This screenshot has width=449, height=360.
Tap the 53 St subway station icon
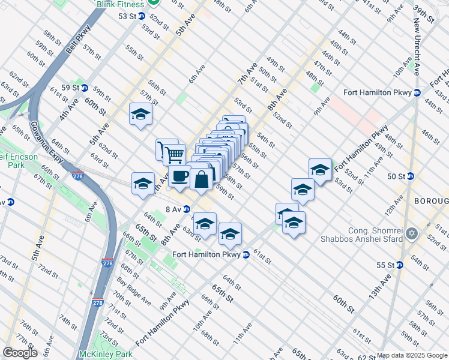(x=142, y=16)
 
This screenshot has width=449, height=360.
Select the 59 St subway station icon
(x=85, y=88)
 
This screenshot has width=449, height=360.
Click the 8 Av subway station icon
(x=187, y=209)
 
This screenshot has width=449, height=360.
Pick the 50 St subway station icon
(x=411, y=176)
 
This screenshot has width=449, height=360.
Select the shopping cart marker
(x=174, y=154)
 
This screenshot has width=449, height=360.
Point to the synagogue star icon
(x=412, y=233)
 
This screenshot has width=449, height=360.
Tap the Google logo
(x=20, y=353)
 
